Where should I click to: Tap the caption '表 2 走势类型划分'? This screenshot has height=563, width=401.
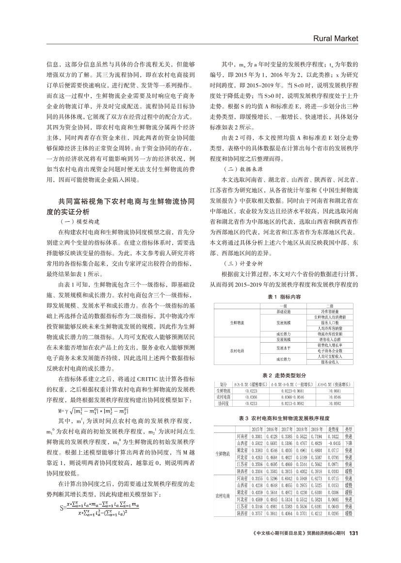click(284, 376)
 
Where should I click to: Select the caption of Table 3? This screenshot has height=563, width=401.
click(284, 417)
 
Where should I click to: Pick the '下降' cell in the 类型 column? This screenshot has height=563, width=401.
click(349, 443)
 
